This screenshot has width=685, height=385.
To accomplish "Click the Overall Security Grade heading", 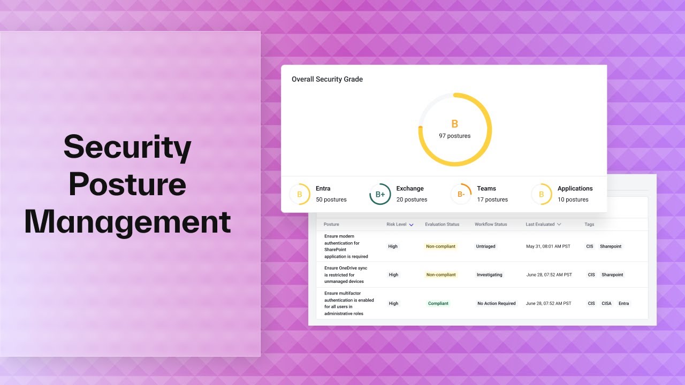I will [x=327, y=79].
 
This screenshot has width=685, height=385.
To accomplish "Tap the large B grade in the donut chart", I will [x=454, y=124].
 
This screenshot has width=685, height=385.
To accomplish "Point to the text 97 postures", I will [x=454, y=136].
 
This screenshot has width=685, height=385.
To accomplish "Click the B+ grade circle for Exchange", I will [x=380, y=194].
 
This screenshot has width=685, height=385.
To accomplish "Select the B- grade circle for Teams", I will [x=461, y=194].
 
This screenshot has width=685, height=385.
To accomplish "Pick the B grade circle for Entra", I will [x=300, y=194].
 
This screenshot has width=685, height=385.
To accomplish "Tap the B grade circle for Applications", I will [x=541, y=194].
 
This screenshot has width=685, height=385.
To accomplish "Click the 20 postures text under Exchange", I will [x=412, y=199].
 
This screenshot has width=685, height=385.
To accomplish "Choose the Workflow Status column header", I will [x=491, y=225].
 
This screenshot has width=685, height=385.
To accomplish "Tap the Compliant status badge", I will [x=438, y=303].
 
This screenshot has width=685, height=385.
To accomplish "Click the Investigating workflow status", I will [x=489, y=275].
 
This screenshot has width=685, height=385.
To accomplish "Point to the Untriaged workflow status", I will [x=485, y=247].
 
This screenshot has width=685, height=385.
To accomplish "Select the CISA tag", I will [x=606, y=303].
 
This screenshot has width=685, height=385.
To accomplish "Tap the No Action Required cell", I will [x=496, y=303].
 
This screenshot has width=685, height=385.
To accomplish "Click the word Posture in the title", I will [x=127, y=184].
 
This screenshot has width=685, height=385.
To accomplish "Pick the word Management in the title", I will [x=127, y=222].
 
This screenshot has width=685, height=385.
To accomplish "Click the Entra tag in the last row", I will [x=623, y=303].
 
